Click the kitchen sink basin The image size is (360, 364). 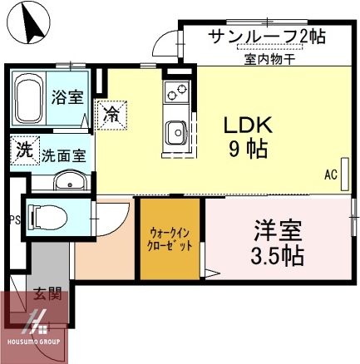click(176, 132)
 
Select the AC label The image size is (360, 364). click(330, 175)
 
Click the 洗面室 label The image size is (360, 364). click(62, 155)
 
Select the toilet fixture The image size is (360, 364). click(47, 218)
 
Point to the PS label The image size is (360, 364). click(13, 220)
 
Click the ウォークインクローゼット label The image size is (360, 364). click(171, 239)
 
